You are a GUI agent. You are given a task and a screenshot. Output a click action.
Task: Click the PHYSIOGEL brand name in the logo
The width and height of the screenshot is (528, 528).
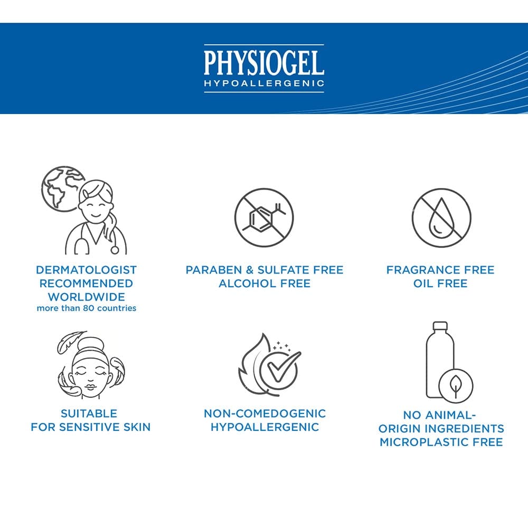(x=264, y=63)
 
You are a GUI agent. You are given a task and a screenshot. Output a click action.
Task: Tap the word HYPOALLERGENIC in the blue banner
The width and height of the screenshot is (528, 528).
(x=264, y=83)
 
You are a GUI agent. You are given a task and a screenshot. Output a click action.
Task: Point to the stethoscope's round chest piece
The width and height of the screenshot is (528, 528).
(x=115, y=250)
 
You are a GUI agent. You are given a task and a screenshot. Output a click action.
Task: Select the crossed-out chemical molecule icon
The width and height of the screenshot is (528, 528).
(x=264, y=218)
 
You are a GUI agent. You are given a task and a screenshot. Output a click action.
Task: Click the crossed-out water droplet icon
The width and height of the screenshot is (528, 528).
(x=441, y=218)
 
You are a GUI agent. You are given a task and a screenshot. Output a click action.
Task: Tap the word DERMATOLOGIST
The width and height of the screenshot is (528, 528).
(x=86, y=270)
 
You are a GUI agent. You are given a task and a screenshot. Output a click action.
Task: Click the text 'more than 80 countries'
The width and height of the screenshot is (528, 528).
(x=87, y=308)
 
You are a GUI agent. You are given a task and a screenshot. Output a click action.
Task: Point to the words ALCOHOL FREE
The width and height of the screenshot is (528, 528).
(x=265, y=284)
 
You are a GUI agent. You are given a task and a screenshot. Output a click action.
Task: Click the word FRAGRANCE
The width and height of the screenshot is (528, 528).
(x=423, y=270)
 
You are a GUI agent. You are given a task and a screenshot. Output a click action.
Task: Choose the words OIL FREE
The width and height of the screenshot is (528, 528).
(x=440, y=284)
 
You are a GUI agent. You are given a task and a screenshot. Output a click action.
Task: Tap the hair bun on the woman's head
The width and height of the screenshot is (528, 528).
(x=91, y=344)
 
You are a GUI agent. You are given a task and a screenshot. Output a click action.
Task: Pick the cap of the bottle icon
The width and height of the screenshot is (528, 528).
(x=440, y=326)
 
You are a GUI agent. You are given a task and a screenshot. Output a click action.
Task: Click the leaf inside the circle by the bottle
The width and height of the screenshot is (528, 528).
(x=456, y=386)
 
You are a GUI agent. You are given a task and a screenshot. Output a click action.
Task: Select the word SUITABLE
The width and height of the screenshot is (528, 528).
(x=89, y=413)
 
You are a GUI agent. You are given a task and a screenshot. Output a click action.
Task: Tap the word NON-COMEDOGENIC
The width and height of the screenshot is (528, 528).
(x=265, y=413)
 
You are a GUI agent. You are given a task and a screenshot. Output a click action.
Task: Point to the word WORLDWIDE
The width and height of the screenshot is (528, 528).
(x=87, y=297)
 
